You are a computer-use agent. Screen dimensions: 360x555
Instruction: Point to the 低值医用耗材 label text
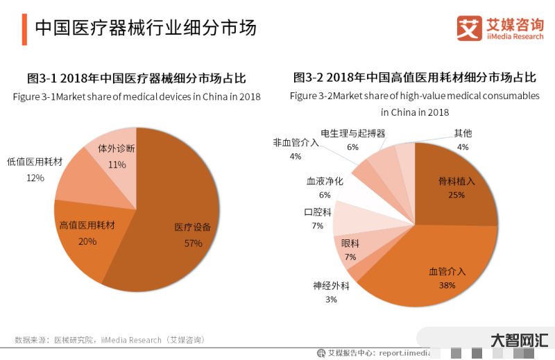(x=35, y=162)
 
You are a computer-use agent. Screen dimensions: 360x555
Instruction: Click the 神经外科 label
(x=331, y=285)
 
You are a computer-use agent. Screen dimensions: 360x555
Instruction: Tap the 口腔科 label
(x=318, y=212)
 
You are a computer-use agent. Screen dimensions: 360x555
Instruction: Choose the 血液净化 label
(x=325, y=181)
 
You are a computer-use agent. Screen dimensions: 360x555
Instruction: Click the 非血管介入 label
(x=296, y=142)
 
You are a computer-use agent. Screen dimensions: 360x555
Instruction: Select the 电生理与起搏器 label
(x=352, y=132)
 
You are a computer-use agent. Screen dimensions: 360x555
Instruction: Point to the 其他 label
(x=463, y=132)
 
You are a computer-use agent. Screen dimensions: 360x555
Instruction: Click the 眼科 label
(x=350, y=243)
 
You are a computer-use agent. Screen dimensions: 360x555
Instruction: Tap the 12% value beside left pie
(x=35, y=178)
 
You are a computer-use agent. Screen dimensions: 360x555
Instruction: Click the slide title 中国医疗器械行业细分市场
(x=146, y=28)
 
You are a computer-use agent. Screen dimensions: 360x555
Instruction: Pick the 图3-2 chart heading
(x=415, y=78)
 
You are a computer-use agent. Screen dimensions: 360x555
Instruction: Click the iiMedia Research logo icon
(x=469, y=28)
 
